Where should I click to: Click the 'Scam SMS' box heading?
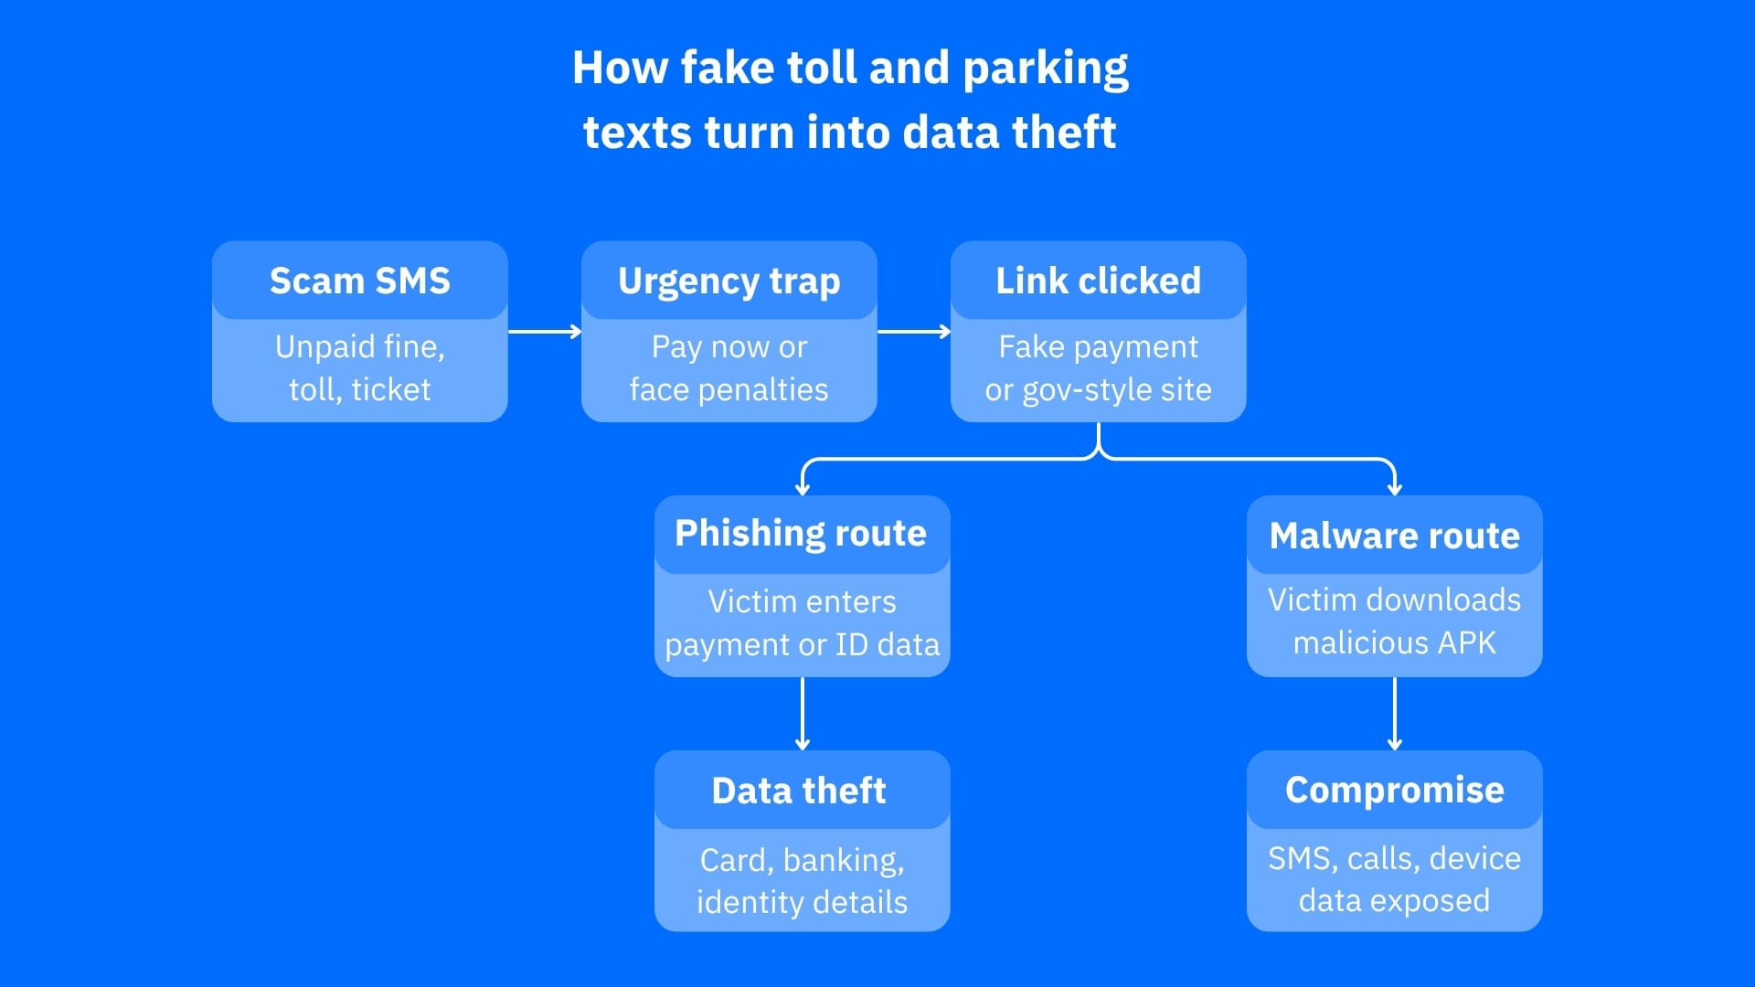point(359,281)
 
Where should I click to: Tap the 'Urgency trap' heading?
point(729,281)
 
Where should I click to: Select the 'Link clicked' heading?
point(1098,281)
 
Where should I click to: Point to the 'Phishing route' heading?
point(801,533)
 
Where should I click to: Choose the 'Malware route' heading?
point(1394,536)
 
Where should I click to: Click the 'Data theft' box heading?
point(799,791)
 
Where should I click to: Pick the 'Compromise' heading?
point(1394,790)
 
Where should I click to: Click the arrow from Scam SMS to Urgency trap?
point(545,331)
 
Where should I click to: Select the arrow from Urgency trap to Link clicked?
point(914,331)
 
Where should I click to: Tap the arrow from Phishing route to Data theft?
point(803,713)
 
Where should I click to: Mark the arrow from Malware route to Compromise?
point(1394,713)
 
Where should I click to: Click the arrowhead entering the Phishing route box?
point(803,489)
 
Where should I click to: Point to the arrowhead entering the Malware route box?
point(1394,489)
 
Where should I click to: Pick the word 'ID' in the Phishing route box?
point(851,644)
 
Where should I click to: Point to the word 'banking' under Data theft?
point(843,860)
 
